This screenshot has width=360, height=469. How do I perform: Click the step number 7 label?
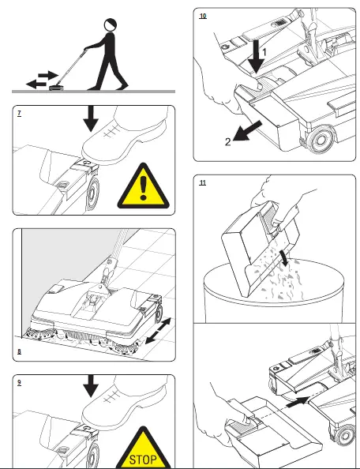pos(20,113)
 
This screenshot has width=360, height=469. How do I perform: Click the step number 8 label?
pos(20,351)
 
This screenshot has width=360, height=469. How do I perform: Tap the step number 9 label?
pos(20,382)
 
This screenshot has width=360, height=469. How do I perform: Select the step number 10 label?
pos(203,16)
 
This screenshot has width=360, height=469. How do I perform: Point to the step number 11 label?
pos(203,182)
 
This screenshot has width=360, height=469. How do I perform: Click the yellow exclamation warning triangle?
pos(144,186)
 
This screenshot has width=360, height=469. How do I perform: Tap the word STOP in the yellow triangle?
pos(143,460)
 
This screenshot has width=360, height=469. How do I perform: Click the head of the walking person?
pos(110,24)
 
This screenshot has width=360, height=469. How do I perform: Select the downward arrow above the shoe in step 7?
pos(91,118)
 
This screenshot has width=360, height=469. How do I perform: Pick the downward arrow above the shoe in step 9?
pos(91,386)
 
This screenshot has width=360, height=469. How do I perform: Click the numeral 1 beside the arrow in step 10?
pos(264,53)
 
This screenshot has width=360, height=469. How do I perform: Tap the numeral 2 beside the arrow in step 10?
pos(228,142)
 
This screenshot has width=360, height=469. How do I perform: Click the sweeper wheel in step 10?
pos(321,140)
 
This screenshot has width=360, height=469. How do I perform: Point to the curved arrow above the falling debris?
pos(283,258)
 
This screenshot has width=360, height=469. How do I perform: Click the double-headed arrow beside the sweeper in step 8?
pos(158,331)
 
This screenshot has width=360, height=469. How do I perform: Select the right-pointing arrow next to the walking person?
pos(48,75)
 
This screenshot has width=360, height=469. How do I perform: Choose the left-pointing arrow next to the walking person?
pos(36,84)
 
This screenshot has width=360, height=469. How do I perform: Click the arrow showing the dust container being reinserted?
pos(298,402)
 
